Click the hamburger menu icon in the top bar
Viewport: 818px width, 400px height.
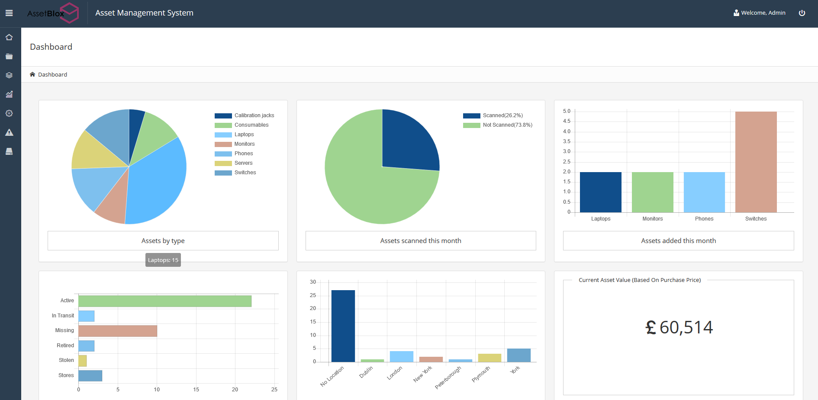[9, 13]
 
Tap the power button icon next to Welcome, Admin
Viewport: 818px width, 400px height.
[802, 13]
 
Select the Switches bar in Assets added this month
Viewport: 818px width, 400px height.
[756, 162]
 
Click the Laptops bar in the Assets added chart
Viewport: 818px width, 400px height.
[600, 192]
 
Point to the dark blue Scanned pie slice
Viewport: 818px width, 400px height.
[407, 143]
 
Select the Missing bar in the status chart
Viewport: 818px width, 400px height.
[118, 331]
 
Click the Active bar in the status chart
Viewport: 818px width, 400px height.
[164, 301]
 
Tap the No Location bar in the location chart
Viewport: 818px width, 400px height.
[343, 326]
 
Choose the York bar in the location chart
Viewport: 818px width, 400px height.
[518, 355]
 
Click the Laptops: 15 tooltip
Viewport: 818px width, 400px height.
[163, 260]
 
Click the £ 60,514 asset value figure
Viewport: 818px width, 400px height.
[679, 327]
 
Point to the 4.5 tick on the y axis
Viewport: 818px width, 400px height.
[567, 121]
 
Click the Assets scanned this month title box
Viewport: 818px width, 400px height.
[421, 241]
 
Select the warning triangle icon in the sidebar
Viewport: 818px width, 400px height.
[9, 132]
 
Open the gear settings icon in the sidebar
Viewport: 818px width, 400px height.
[9, 113]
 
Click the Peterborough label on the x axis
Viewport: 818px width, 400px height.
[448, 377]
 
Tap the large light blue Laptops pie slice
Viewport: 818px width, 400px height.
[156, 182]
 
